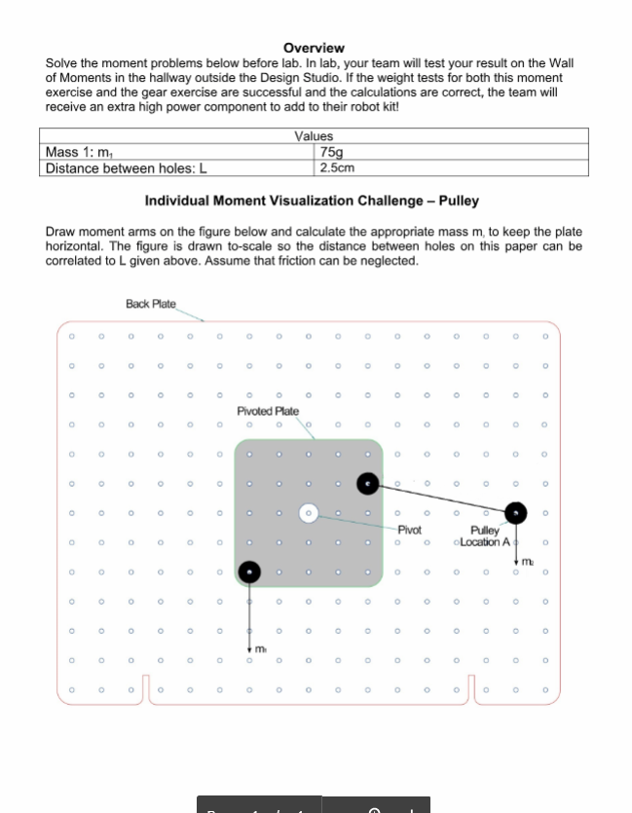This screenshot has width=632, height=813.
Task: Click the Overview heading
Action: [x=314, y=48]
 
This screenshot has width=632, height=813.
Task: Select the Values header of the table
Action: [x=314, y=137]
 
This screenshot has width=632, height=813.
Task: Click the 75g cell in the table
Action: [x=332, y=152]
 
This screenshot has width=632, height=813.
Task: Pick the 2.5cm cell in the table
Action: [x=337, y=167]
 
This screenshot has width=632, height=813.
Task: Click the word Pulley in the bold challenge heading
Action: [x=459, y=201]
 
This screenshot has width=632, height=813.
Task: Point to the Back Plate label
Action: [x=151, y=304]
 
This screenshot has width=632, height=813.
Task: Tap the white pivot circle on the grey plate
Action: [x=309, y=511]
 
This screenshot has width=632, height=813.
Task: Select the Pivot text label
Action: [x=410, y=531]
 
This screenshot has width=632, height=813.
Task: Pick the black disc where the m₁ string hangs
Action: [x=250, y=572]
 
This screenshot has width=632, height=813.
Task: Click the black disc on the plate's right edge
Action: [x=367, y=482]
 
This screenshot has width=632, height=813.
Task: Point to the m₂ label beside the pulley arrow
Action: [x=527, y=561]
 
